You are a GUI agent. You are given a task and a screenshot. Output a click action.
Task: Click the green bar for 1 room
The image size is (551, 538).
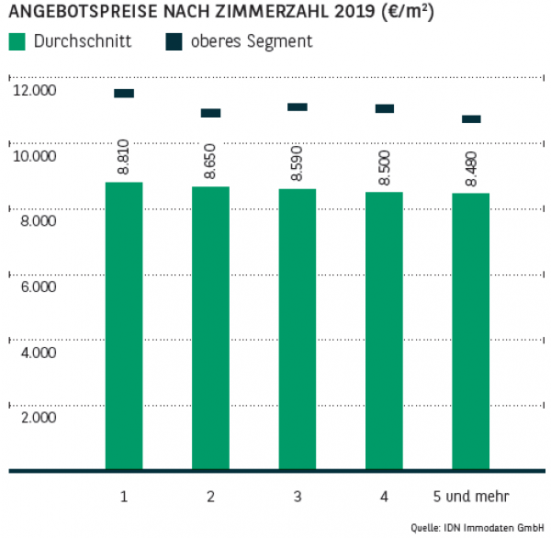[124, 326]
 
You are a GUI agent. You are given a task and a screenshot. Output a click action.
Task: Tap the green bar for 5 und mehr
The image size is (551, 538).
[471, 331]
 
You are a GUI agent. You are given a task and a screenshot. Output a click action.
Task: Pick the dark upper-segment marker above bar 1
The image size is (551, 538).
[124, 94]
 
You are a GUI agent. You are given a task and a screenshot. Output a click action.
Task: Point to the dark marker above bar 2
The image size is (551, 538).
[210, 113]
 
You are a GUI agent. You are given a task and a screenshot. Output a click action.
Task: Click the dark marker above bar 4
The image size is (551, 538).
[384, 108]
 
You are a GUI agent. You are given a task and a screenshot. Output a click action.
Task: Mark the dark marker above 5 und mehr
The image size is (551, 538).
[471, 119]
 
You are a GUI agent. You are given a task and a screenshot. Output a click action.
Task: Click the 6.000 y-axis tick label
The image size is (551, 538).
[35, 286]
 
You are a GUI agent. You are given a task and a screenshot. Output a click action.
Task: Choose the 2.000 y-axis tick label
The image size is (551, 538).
[35, 418]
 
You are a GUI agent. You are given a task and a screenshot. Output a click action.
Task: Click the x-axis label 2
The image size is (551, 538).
[210, 497]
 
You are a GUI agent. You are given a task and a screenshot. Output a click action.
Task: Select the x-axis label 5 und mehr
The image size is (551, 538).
[471, 497]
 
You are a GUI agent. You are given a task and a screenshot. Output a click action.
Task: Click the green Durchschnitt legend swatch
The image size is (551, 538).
[17, 42]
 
